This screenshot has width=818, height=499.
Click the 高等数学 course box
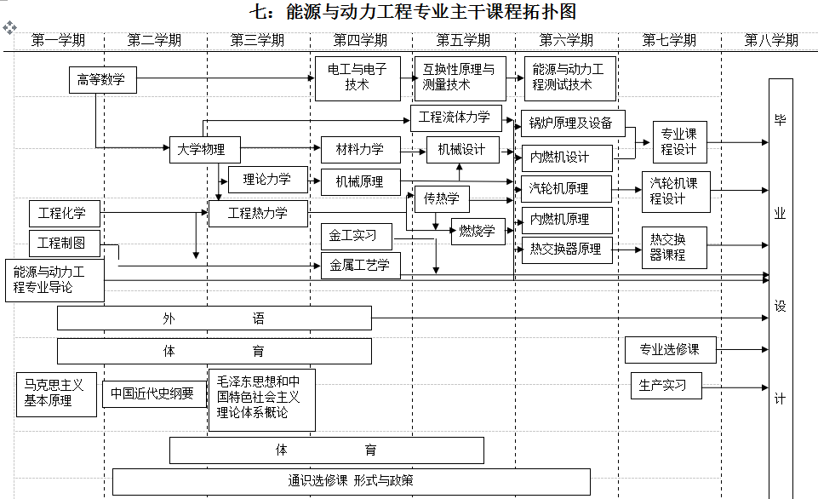[x=102, y=80]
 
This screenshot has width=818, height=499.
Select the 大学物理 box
[x=204, y=149]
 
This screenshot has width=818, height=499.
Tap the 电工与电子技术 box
[x=357, y=77]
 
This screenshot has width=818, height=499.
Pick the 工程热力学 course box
[x=258, y=214]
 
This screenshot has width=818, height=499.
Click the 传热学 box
[x=442, y=198]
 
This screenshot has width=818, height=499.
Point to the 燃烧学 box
[x=478, y=231]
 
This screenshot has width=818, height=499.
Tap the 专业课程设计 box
[x=679, y=142]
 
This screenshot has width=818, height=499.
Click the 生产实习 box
[x=667, y=385]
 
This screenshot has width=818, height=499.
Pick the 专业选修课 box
[x=670, y=349]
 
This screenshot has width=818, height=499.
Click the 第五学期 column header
[x=463, y=40]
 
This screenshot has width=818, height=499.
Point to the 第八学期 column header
[x=771, y=40]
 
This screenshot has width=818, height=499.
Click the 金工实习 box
[x=360, y=236]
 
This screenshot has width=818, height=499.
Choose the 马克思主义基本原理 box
[x=56, y=393]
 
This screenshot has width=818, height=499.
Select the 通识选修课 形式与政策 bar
[x=351, y=480]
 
